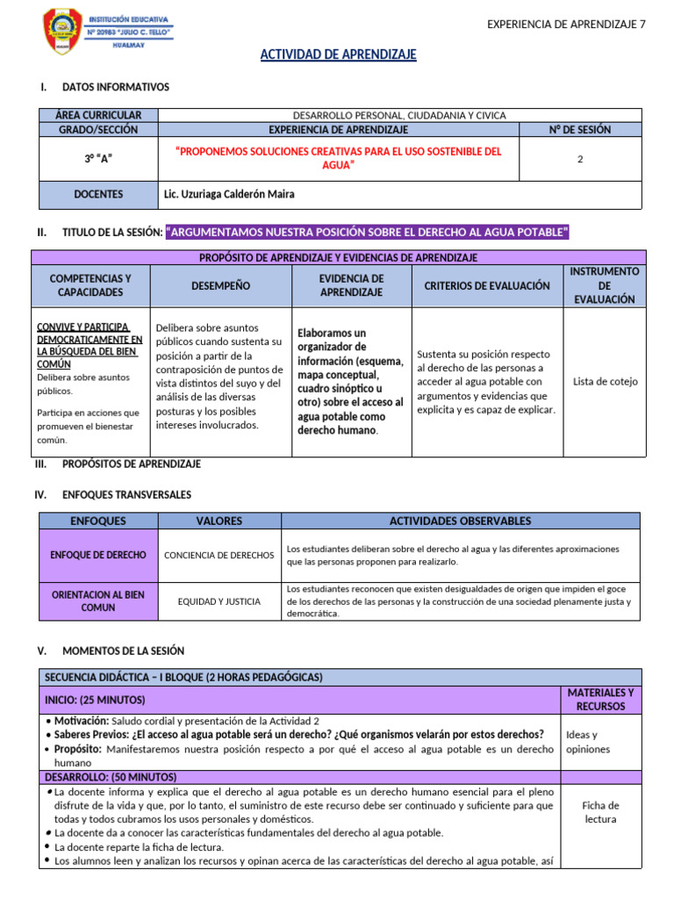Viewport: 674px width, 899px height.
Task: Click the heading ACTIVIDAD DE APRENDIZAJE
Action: point(338,55)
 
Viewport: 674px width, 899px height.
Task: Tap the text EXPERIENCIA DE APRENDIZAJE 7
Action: point(566,24)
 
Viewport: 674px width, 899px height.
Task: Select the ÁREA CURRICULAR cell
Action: point(98,115)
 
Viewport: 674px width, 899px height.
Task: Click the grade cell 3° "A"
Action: point(98,158)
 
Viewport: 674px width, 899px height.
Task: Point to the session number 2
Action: point(580,160)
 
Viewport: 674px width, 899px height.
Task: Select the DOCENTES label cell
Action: point(98,194)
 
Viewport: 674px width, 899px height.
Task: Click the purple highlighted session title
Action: point(367,232)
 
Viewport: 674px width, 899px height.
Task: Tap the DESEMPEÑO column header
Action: point(220,285)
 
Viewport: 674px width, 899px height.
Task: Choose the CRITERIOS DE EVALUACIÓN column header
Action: point(487,285)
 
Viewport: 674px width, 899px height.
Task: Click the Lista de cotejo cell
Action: point(605,382)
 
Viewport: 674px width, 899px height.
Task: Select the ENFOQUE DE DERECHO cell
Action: point(98,555)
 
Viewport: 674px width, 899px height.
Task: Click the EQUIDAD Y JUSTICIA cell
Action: point(219,601)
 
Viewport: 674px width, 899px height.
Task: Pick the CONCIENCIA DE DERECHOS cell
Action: point(219,555)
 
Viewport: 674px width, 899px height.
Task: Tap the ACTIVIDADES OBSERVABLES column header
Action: point(460,521)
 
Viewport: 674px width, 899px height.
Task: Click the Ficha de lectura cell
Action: point(600,812)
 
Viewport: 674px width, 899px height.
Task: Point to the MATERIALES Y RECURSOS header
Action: point(600,699)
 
